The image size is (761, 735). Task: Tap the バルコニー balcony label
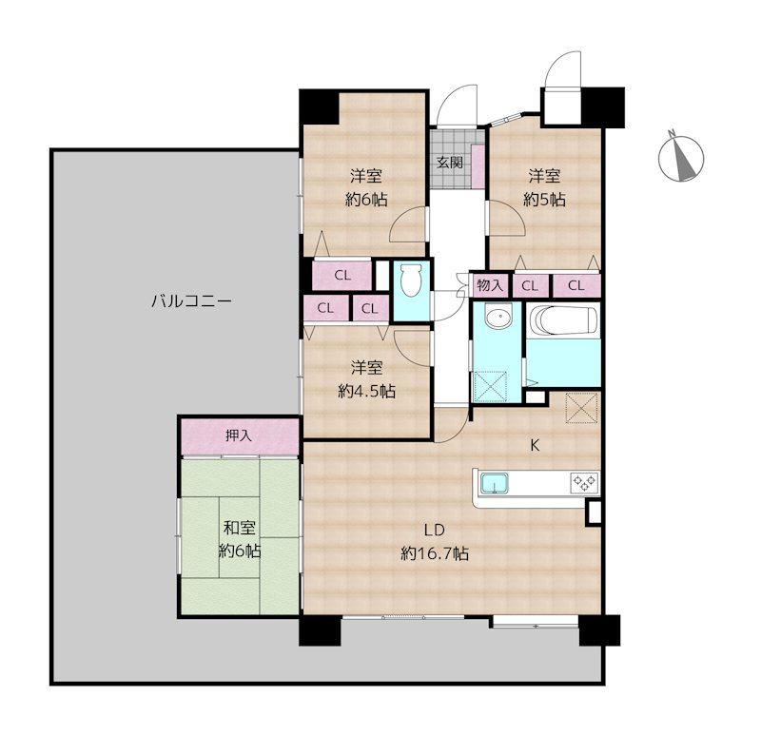point(191,301)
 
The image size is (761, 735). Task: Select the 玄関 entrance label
point(450,163)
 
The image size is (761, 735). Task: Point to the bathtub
point(563,319)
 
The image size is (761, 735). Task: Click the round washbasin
point(498,318)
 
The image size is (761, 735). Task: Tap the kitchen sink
point(494,483)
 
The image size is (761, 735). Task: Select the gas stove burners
point(584,482)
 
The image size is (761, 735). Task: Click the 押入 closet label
point(239,435)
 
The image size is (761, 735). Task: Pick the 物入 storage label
point(490,285)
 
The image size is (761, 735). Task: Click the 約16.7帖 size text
point(435,553)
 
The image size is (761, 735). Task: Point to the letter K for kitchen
point(535,446)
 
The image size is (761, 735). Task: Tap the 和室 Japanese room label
point(240,528)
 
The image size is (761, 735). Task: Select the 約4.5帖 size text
point(367,391)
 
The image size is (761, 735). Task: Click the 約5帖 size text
point(544,200)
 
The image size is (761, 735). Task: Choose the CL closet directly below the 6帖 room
point(342,276)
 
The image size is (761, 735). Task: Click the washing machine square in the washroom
point(489,387)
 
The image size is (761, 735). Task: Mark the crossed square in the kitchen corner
point(581,408)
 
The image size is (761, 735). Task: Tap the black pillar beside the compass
point(603,106)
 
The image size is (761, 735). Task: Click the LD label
point(435,531)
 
